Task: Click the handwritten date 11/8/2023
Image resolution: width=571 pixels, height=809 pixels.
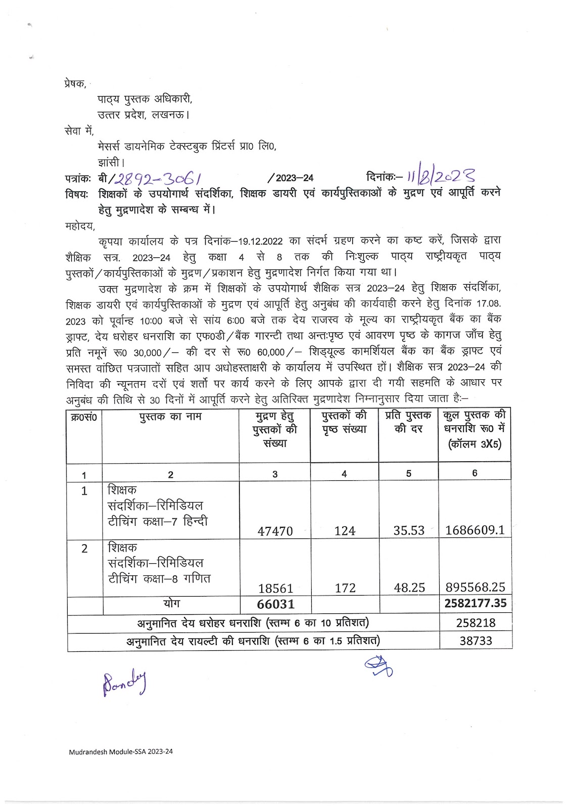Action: (x=441, y=177)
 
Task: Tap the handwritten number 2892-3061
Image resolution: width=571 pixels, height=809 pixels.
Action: (x=159, y=178)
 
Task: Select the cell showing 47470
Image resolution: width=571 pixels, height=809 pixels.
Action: (x=275, y=531)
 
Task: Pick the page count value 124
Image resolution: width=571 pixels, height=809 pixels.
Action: (x=345, y=531)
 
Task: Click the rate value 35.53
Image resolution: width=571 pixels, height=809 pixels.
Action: (x=409, y=530)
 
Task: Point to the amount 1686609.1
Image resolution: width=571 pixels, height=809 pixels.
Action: (x=474, y=530)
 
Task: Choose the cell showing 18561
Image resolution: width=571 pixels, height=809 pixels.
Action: (x=275, y=588)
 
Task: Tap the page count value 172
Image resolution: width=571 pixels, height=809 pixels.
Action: (x=345, y=588)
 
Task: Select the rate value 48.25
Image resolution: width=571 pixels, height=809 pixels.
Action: (x=409, y=588)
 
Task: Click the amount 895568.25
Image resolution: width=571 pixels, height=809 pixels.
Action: (x=475, y=587)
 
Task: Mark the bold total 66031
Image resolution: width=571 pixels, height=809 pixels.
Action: (x=275, y=604)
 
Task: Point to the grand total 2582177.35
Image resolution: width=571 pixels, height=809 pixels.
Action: (x=475, y=603)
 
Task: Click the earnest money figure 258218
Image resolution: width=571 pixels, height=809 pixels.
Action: (x=475, y=623)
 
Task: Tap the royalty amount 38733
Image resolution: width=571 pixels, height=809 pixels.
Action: (x=475, y=641)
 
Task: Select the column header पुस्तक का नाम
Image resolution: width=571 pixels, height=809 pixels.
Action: (x=171, y=417)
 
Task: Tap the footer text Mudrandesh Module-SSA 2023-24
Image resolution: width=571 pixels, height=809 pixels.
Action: (x=121, y=751)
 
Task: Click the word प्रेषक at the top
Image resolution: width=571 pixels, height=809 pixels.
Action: (x=75, y=83)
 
